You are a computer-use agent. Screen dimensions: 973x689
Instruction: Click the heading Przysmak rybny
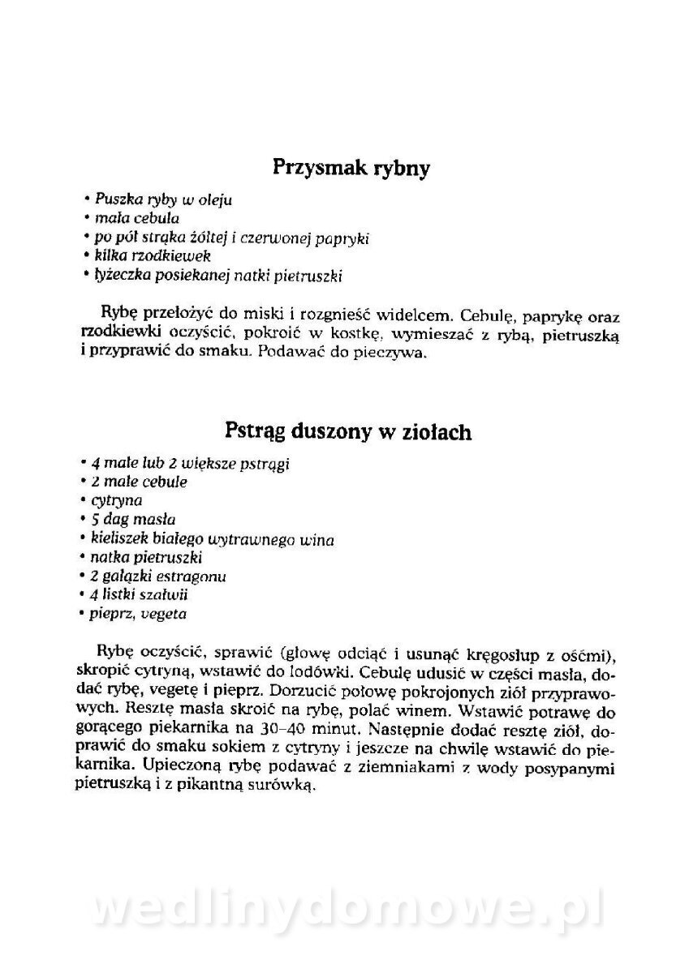tap(350, 169)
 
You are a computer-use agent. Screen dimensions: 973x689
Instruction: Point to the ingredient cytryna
tap(117, 500)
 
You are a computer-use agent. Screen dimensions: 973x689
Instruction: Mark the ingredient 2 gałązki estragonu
tap(157, 577)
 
